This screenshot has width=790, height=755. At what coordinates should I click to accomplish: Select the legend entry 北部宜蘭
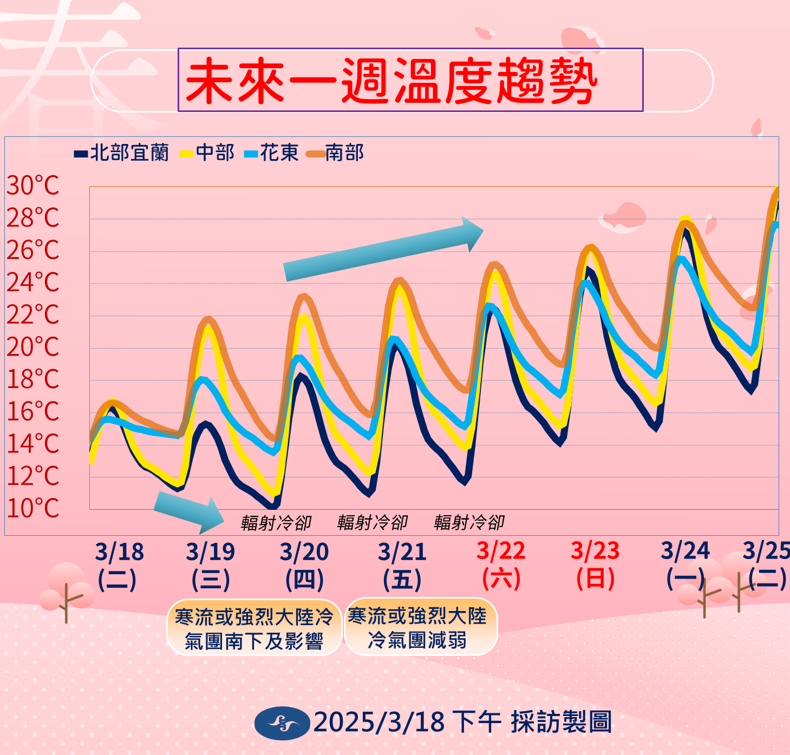click(x=122, y=153)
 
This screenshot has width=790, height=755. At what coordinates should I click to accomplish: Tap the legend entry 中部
click(x=208, y=153)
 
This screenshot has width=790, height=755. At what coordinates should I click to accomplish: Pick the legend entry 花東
click(x=272, y=153)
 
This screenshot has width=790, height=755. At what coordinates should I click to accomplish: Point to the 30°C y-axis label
click(x=32, y=186)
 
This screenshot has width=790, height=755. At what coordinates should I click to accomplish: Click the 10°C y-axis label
click(x=32, y=509)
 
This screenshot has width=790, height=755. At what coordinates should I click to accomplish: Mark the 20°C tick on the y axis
click(x=32, y=347)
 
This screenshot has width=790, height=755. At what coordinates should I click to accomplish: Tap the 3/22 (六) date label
click(x=501, y=564)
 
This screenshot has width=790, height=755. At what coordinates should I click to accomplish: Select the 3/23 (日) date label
click(x=595, y=564)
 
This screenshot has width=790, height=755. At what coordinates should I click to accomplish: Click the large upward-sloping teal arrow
click(x=383, y=250)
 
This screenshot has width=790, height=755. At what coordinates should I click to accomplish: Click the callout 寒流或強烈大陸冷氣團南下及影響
click(x=254, y=628)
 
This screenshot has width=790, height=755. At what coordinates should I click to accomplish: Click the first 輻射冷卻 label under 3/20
click(x=276, y=523)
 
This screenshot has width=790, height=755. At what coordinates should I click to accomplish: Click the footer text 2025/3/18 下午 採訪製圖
click(x=462, y=723)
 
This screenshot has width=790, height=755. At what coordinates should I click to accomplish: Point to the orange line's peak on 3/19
click(x=208, y=319)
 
